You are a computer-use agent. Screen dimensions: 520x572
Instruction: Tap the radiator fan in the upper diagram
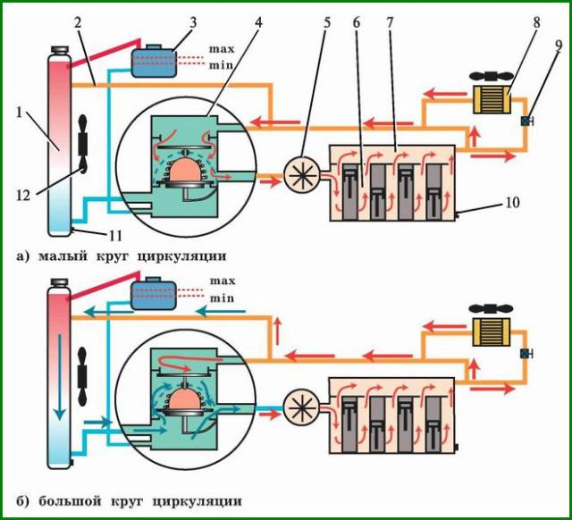80,142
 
